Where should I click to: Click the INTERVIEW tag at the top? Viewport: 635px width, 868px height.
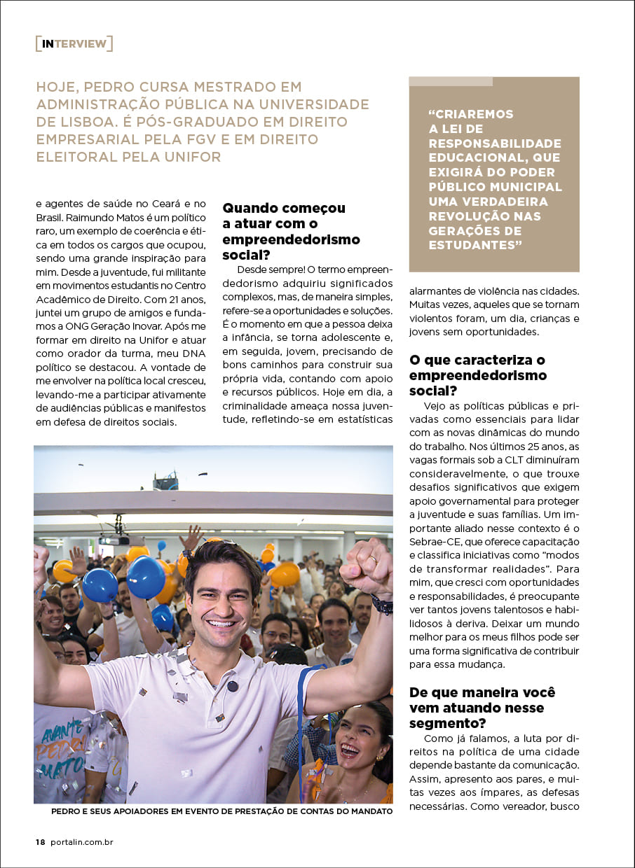74,44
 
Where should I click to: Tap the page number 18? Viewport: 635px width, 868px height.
40,842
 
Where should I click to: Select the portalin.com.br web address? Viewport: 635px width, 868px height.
81,842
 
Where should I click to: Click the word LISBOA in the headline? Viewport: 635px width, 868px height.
69,122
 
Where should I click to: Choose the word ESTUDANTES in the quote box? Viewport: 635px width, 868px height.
474,246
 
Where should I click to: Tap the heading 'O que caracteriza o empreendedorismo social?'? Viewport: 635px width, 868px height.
477,375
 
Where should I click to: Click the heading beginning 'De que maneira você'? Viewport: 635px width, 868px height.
482,707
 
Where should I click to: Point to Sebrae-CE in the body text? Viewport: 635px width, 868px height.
437,542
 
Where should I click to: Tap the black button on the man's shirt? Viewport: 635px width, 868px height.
233,685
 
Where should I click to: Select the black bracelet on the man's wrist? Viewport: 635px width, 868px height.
382,604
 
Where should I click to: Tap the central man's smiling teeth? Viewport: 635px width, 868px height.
221,623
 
